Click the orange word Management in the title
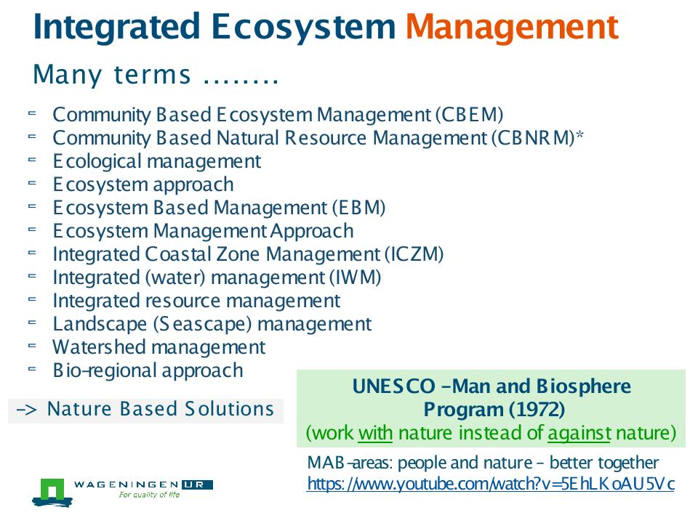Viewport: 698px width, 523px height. tap(512, 28)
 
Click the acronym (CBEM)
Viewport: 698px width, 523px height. tap(469, 115)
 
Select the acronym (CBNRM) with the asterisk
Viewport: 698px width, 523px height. tap(537, 138)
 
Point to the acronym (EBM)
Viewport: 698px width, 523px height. tap(358, 208)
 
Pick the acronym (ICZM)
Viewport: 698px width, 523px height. tap(414, 254)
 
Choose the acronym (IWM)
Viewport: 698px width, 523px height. tap(356, 277)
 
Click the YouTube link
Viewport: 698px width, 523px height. tap(491, 484)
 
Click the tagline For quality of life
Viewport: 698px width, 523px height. tap(149, 495)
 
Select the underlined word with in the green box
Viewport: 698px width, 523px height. tap(375, 433)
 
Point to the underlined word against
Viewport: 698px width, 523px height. tap(579, 433)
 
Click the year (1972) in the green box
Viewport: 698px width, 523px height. tap(539, 409)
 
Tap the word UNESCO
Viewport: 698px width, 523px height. tap(393, 386)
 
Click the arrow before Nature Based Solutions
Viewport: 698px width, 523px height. tap(26, 409)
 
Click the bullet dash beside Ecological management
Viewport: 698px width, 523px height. tap(31, 159)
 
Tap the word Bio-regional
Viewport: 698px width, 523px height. tap(105, 370)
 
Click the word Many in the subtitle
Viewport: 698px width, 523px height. tap(68, 75)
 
